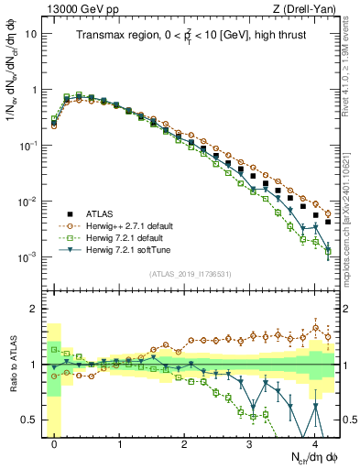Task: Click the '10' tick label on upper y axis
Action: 29,34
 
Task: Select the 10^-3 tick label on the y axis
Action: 27,256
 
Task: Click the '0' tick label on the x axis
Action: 55,442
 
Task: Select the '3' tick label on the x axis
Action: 249,442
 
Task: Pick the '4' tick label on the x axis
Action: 314,442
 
